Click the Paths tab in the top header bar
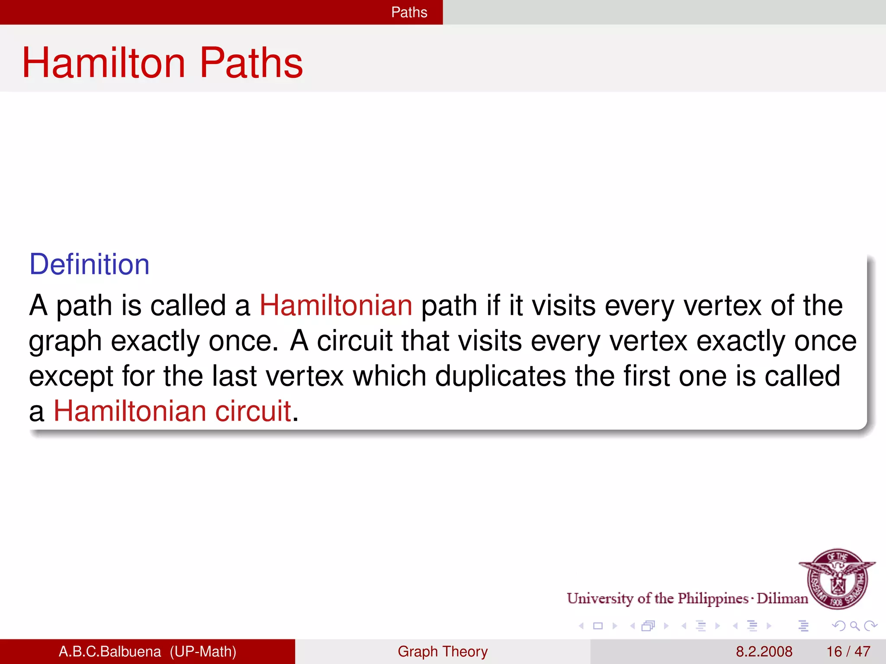tap(409, 12)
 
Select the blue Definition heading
tap(89, 264)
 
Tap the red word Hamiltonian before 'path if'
tap(336, 306)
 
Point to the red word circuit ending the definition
tap(253, 411)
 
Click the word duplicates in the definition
tap(500, 376)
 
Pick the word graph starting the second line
tap(65, 342)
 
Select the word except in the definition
tap(71, 377)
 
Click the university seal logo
tap(838, 578)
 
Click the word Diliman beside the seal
tap(782, 598)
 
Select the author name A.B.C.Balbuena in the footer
tap(109, 651)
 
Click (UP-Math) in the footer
tap(203, 651)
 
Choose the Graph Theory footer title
tap(443, 651)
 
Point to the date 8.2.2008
tap(764, 651)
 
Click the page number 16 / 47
tap(848, 651)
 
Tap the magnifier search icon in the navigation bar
tap(854, 626)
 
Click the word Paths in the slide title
tap(251, 63)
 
